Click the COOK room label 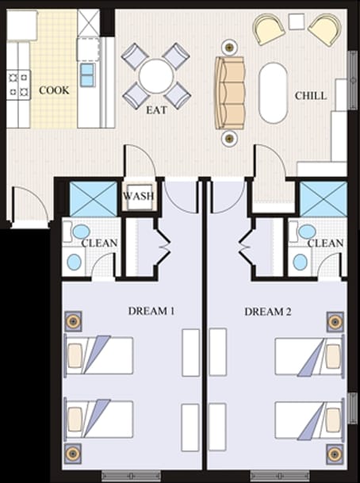click(54, 90)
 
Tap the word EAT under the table click(156, 110)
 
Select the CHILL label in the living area click(310, 95)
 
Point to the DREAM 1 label click(151, 312)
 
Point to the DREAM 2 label click(268, 312)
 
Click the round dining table click(155, 76)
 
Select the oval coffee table click(274, 92)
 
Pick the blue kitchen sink click(86, 75)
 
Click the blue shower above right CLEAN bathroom click(323, 198)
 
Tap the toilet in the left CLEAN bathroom click(80, 232)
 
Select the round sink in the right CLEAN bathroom click(301, 262)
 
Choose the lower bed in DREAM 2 click(310, 419)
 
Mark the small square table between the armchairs click(297, 21)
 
